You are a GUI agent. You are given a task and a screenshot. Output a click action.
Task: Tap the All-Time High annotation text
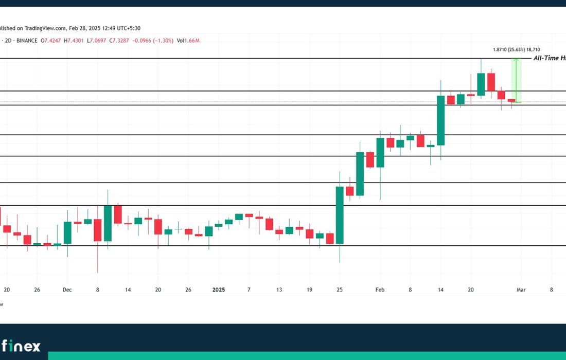[549, 59]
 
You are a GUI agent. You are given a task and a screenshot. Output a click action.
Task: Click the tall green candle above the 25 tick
[340, 215]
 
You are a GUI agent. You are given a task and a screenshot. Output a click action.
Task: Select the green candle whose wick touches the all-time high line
[481, 84]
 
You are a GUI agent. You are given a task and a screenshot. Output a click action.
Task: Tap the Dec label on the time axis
[67, 290]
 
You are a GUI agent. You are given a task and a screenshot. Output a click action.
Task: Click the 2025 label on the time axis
[219, 290]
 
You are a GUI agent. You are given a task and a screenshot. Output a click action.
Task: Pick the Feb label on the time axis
[380, 290]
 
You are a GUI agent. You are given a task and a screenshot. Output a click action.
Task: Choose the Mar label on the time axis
[520, 290]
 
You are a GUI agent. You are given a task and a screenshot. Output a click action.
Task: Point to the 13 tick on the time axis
[279, 290]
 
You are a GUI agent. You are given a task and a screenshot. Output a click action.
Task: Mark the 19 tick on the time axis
[309, 290]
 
